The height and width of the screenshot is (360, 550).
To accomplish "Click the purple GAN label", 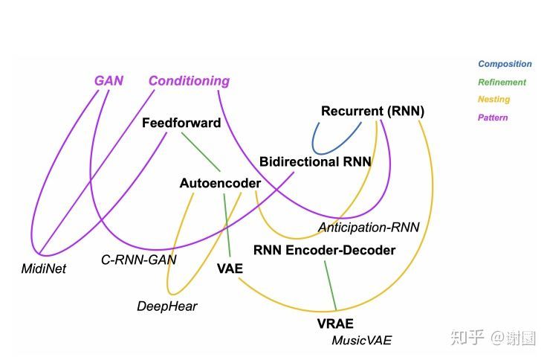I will [109, 81].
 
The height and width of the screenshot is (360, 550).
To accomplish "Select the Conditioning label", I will [189, 81].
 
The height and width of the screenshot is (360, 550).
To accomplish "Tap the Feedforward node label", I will [181, 123].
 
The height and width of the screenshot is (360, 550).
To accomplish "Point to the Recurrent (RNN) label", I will [372, 112].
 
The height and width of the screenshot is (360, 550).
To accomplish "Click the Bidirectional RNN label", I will [315, 161].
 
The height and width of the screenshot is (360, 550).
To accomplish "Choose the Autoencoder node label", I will [220, 183].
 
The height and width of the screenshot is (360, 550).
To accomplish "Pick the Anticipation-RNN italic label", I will [369, 227].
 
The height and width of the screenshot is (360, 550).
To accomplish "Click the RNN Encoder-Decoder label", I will [324, 250].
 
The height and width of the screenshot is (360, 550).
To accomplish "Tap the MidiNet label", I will [43, 269].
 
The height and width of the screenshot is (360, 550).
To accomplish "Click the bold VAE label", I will [230, 269].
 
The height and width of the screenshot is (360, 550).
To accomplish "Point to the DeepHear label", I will [167, 306].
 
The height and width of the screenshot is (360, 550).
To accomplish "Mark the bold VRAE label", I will [335, 324].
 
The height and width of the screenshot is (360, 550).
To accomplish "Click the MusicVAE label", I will [361, 341].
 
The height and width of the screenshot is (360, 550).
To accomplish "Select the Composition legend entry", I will [505, 64].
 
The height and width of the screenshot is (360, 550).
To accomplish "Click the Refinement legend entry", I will [502, 83].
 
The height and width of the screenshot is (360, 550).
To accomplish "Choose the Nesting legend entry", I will [494, 99].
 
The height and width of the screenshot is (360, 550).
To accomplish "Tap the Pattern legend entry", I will [493, 118].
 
